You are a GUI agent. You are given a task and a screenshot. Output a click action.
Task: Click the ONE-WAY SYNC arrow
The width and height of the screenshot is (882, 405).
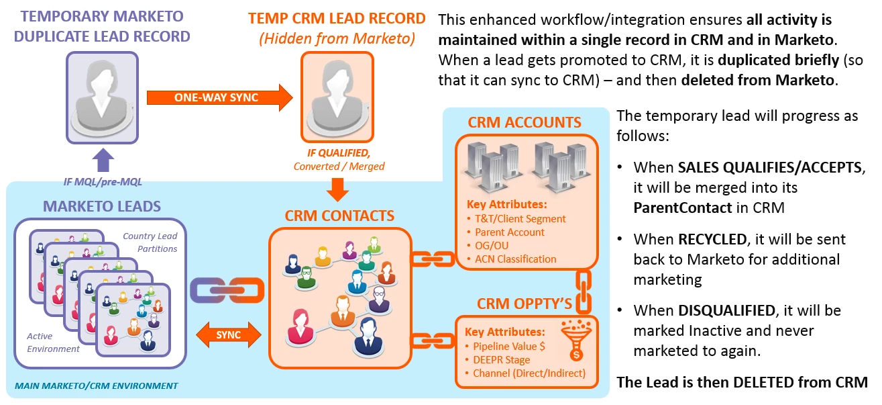tap(219, 97)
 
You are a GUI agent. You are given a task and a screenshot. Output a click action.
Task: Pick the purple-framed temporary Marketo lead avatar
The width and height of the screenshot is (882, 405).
tap(102, 97)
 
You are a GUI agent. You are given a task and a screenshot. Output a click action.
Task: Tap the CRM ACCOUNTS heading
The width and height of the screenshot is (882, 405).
tap(525, 123)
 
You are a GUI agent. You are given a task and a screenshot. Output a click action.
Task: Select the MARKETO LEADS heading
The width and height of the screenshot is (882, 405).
tap(102, 206)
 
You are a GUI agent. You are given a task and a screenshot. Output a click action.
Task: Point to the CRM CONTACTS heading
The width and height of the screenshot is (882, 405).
tap(339, 216)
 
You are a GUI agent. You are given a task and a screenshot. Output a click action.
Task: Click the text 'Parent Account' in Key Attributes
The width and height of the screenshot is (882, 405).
tap(510, 232)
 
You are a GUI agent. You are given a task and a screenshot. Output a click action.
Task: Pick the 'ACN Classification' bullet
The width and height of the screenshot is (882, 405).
tap(515, 259)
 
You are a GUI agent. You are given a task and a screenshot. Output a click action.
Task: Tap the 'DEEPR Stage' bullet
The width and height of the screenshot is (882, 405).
tap(501, 360)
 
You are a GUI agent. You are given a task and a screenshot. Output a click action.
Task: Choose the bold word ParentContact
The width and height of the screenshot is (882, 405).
tap(682, 208)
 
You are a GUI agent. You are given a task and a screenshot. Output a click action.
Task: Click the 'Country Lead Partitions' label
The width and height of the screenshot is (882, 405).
tap(150, 242)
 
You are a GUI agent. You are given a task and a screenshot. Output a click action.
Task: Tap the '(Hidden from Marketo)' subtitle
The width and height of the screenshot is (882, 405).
tap(337, 40)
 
